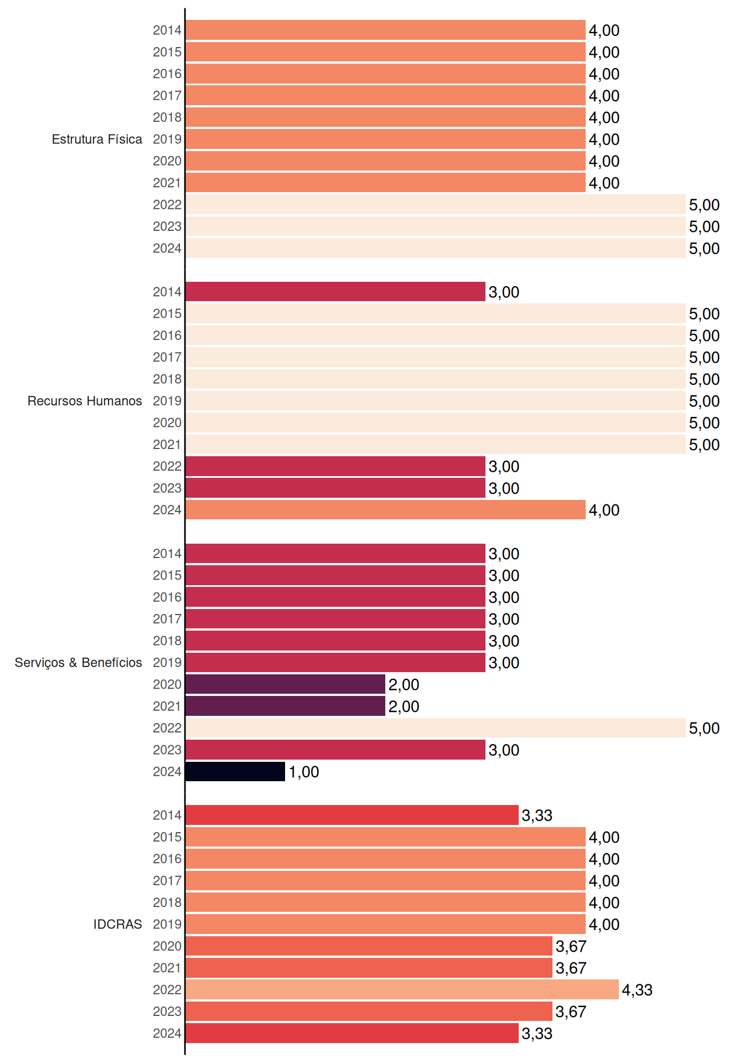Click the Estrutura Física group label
tap(97, 139)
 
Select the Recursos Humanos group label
tap(85, 401)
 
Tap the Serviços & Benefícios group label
tap(78, 663)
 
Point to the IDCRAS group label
tap(117, 924)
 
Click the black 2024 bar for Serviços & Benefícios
tap(235, 771)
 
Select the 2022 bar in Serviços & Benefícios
tap(436, 728)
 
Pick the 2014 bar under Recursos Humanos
tap(335, 292)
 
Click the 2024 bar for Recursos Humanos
tap(386, 510)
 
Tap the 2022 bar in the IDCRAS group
tap(402, 989)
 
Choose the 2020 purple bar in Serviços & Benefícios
tap(286, 684)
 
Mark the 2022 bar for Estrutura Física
tap(436, 204)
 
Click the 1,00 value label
tap(304, 772)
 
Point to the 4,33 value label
tap(637, 990)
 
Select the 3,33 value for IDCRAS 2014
tap(537, 816)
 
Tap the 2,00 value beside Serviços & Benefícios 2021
tap(404, 706)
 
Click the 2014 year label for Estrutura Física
tap(167, 30)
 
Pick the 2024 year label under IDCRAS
tap(167, 1034)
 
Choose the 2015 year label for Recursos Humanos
tap(167, 314)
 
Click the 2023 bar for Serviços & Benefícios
tap(335, 750)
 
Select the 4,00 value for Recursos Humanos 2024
tap(604, 510)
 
